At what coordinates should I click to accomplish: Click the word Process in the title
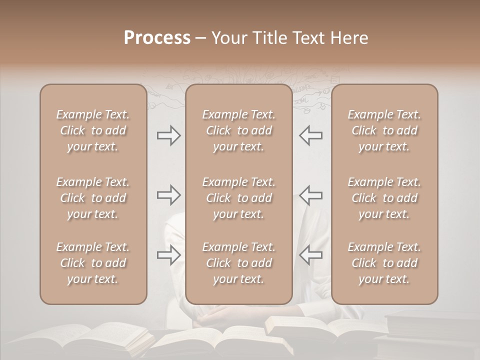coord(157,38)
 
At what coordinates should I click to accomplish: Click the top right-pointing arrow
coord(169,135)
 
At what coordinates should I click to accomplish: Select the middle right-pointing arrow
coord(169,195)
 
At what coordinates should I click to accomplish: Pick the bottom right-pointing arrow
coord(169,255)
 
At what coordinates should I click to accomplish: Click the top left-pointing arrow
coord(310,135)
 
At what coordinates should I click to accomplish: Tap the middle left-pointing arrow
coord(310,195)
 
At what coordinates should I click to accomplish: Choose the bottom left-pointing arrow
coord(310,255)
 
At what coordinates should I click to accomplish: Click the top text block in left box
coord(93,130)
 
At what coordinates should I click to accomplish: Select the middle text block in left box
coord(93,198)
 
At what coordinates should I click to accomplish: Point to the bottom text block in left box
coord(93,263)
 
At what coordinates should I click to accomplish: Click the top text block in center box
coord(238,130)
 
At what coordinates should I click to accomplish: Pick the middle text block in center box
coord(238,198)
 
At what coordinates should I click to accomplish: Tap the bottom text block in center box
coord(238,263)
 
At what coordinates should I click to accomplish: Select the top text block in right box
coord(384,130)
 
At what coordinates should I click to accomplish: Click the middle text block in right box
coord(384,198)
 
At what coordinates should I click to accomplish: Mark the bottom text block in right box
coord(384,263)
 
